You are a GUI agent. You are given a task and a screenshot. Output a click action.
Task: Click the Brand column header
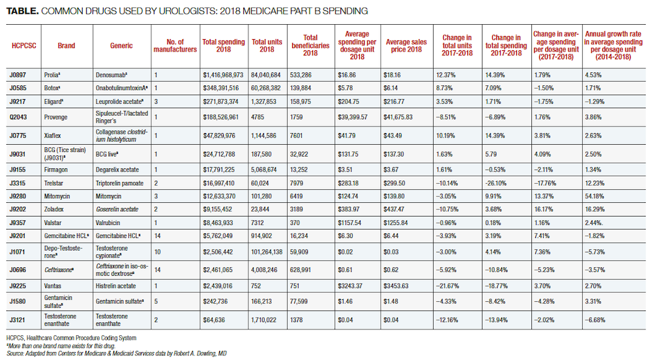66,46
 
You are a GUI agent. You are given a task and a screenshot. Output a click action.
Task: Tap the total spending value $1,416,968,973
223,75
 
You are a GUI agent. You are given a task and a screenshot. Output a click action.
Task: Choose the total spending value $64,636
216,320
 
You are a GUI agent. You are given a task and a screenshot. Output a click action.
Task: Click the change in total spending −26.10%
499,183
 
